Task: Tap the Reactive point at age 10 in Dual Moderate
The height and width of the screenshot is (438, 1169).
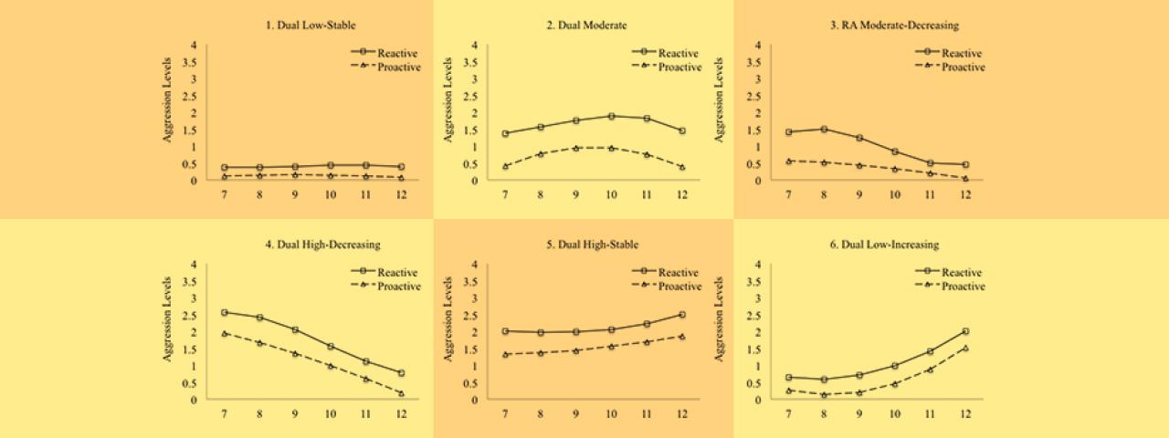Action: (611, 116)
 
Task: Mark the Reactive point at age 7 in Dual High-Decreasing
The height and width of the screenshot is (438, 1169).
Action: (225, 312)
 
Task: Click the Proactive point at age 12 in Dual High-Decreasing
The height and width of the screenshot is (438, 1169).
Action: (400, 393)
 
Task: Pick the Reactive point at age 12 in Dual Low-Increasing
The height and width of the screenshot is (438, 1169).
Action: (964, 331)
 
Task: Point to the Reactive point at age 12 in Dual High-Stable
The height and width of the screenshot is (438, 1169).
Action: (681, 315)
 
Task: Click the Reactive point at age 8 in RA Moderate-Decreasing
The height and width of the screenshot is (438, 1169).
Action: (824, 129)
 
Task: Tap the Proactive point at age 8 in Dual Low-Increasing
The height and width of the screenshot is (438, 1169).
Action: (824, 395)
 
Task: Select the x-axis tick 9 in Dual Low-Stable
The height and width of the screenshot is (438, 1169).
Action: (295, 194)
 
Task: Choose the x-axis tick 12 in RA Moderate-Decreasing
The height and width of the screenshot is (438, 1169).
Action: (964, 194)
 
